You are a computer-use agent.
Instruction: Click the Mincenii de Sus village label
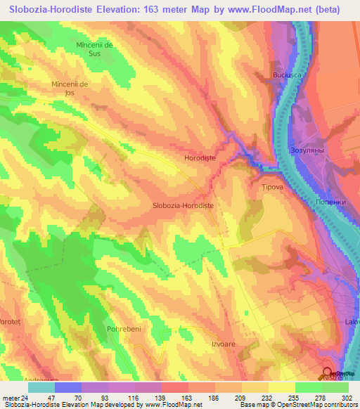[x=94, y=49]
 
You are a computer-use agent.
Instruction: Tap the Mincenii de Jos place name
[x=69, y=89]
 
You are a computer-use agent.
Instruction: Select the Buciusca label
[x=287, y=74]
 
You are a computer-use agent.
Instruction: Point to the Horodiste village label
[x=200, y=159]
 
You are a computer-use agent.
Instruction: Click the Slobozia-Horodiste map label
[x=183, y=205]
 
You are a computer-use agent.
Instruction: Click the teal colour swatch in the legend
[x=41, y=387]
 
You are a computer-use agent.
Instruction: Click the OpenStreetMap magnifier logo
[x=328, y=372]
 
